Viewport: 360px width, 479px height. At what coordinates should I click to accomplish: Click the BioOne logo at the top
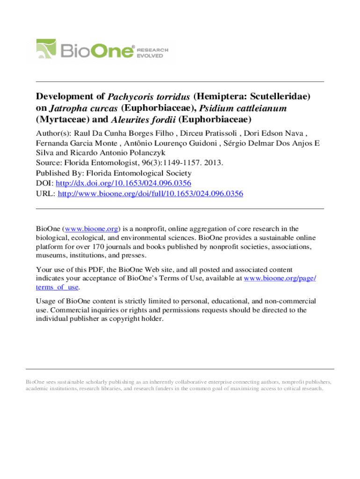tap(102, 49)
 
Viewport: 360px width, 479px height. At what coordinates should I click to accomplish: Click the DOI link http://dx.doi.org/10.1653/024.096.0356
tap(123, 183)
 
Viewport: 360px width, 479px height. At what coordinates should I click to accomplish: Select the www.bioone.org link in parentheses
tap(92, 229)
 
